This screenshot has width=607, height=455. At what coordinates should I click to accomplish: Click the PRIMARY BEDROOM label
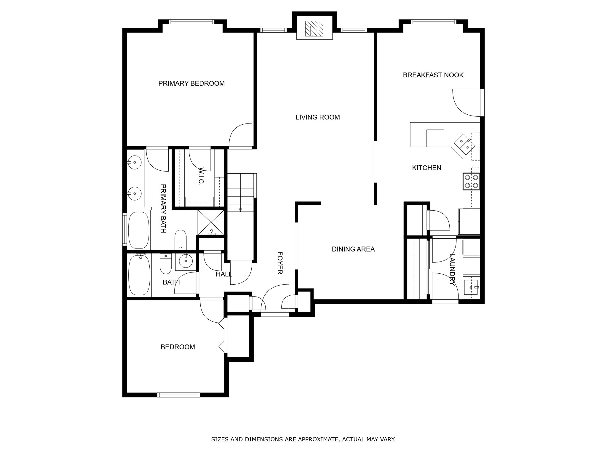191,84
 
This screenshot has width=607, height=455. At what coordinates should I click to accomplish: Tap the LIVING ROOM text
318,117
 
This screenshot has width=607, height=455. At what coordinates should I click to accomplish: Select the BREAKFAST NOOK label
433,75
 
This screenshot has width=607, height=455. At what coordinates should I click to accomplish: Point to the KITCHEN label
427,168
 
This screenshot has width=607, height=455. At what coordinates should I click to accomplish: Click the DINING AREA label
353,249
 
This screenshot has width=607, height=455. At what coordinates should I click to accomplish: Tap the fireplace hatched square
314,29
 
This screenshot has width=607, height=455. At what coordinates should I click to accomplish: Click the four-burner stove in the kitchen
471,182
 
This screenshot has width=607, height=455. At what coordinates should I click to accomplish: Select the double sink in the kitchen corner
465,144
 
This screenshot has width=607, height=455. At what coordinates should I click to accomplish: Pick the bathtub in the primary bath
139,230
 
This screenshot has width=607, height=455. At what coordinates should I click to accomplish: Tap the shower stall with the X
211,222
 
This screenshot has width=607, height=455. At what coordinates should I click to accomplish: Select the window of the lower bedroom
178,395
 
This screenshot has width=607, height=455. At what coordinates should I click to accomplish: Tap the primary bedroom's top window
191,22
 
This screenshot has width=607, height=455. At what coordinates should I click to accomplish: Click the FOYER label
279,263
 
